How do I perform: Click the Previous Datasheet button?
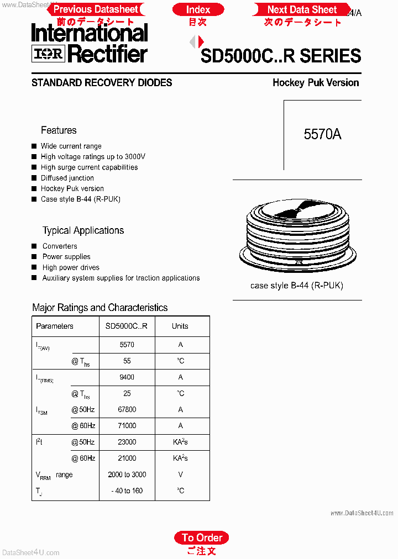click(x=95, y=9)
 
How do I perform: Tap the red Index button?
click(x=198, y=9)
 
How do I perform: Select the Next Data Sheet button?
click(x=302, y=9)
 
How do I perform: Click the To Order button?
click(x=202, y=537)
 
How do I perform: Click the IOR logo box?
click(x=49, y=53)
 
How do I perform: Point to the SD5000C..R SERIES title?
click(x=281, y=56)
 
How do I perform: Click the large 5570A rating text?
click(x=322, y=134)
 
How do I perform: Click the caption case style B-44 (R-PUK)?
click(x=297, y=286)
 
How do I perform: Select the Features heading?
click(x=59, y=130)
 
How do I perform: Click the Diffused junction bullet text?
click(x=67, y=178)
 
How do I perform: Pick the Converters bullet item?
click(x=60, y=246)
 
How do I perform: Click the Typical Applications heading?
click(x=83, y=230)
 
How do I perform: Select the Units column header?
click(x=180, y=326)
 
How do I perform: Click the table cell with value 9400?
click(x=127, y=377)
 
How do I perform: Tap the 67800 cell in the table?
click(x=127, y=409)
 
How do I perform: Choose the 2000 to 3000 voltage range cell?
click(x=127, y=474)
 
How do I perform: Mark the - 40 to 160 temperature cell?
click(x=127, y=491)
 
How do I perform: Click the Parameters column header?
click(x=55, y=326)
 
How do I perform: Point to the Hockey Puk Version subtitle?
click(x=316, y=83)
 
